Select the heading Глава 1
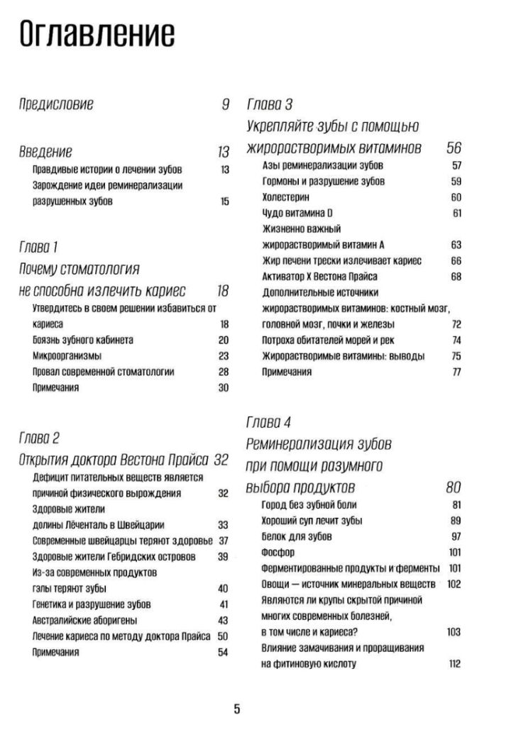point(40,247)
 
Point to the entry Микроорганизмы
point(67,356)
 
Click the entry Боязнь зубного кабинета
point(83,341)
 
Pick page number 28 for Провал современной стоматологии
point(224,372)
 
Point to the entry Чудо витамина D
point(293,213)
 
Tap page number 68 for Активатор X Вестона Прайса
point(456,276)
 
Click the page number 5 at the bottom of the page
point(237,709)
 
